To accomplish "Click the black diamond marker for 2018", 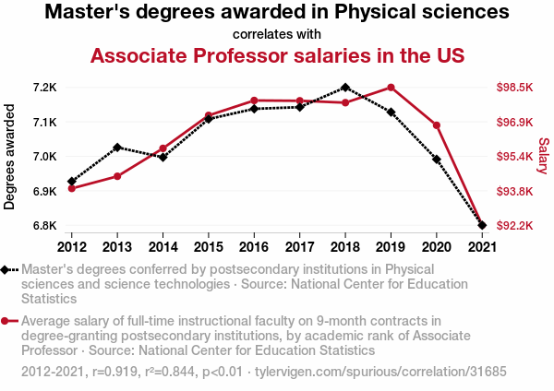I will pyautogui.click(x=344, y=88).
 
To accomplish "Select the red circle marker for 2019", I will pyautogui.click(x=391, y=88).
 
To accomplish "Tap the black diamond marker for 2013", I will pyautogui.click(x=117, y=148).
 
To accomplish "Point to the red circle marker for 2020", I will pyautogui.click(x=436, y=125).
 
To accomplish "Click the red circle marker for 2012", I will pyautogui.click(x=72, y=188).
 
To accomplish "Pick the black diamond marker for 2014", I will pyautogui.click(x=163, y=158).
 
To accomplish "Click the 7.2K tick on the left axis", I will pyautogui.click(x=44, y=88).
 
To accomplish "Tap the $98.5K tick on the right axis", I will pyautogui.click(x=515, y=88).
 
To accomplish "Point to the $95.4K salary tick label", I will pyautogui.click(x=515, y=157).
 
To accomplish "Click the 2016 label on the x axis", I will pyautogui.click(x=254, y=247).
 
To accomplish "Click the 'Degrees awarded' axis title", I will pyautogui.click(x=10, y=157).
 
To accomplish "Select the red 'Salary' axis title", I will pyautogui.click(x=543, y=157).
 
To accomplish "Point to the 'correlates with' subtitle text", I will pyautogui.click(x=277, y=34).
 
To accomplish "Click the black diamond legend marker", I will pyautogui.click(x=6, y=269).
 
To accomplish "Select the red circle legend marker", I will pyautogui.click(x=6, y=321).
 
